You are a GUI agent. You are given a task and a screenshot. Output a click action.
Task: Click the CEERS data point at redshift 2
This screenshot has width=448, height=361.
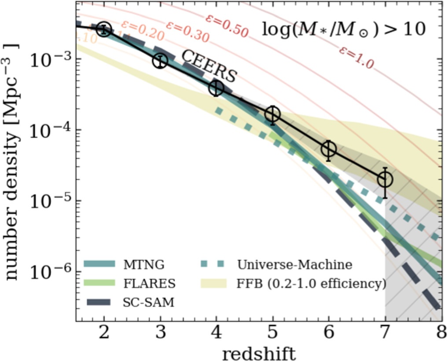pos(104,29)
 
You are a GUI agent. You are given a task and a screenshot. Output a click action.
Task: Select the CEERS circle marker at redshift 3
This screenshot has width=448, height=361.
pos(160,61)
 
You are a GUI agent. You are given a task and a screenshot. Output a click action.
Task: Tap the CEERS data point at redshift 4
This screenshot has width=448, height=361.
pos(216,88)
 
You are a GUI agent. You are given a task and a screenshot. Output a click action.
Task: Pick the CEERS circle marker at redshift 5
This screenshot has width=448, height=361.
pos(273,114)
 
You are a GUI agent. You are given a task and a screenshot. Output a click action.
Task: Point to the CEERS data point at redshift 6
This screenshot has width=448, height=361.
pos(329,150)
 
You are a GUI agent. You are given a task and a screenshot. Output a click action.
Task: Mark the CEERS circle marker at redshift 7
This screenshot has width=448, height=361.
pos(385,179)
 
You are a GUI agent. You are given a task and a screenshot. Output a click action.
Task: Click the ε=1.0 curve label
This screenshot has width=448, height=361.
pos(356,58)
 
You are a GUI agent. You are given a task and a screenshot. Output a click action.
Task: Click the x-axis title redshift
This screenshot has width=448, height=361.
pos(258,352)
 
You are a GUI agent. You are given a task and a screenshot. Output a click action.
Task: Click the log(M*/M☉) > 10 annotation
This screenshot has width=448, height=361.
pos(344,29)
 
